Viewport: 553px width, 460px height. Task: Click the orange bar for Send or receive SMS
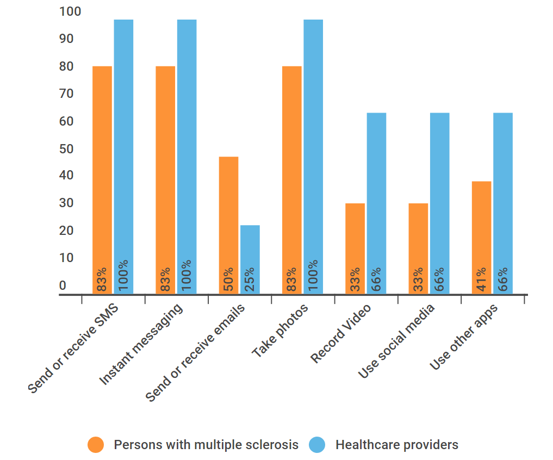click(102, 179)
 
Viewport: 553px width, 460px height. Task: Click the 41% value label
click(481, 279)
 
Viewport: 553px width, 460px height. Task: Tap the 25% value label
click(250, 279)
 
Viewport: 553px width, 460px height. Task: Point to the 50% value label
click(228, 279)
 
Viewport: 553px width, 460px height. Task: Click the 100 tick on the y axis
click(70, 11)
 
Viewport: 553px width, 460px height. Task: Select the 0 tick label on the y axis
click(63, 285)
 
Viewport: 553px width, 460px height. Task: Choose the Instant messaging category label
click(142, 345)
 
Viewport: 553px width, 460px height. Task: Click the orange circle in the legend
click(96, 445)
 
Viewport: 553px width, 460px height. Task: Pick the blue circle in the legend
click(317, 445)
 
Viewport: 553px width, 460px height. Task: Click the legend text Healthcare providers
click(397, 445)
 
